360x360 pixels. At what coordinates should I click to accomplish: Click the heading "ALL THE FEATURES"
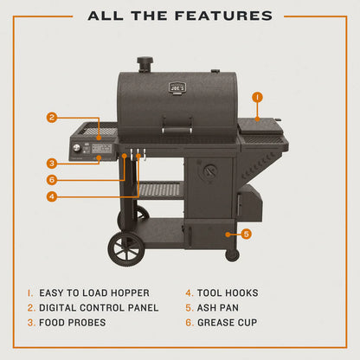pos(180,16)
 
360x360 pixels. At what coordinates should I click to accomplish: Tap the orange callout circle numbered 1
pos(257,97)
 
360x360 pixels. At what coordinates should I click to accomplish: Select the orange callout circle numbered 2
pos(52,118)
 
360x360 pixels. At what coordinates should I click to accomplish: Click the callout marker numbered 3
pos(52,162)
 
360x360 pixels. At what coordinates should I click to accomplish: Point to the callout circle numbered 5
pos(247,233)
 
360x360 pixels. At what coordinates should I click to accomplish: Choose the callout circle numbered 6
pos(52,179)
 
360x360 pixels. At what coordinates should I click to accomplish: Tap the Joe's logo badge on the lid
pos(177,87)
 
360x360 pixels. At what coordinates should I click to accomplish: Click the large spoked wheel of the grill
pos(127,247)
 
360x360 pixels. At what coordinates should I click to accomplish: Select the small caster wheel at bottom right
pos(232,254)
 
